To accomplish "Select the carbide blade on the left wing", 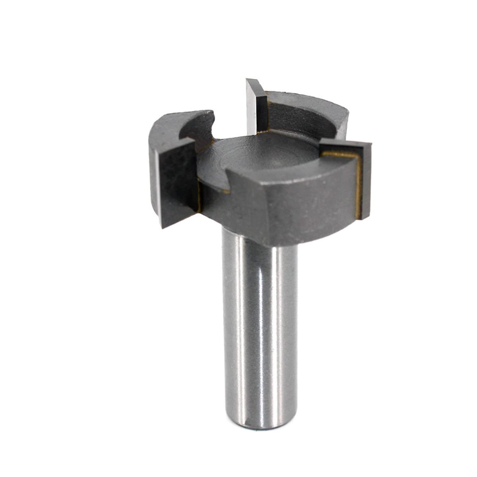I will coord(177,183).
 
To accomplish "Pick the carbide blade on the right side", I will coord(364,179).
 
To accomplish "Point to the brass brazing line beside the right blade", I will coord(359,187).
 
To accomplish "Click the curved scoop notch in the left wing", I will coord(203,127).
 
